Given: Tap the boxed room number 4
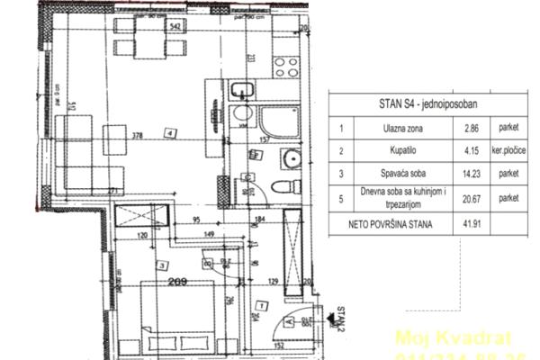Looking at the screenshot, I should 170,135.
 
